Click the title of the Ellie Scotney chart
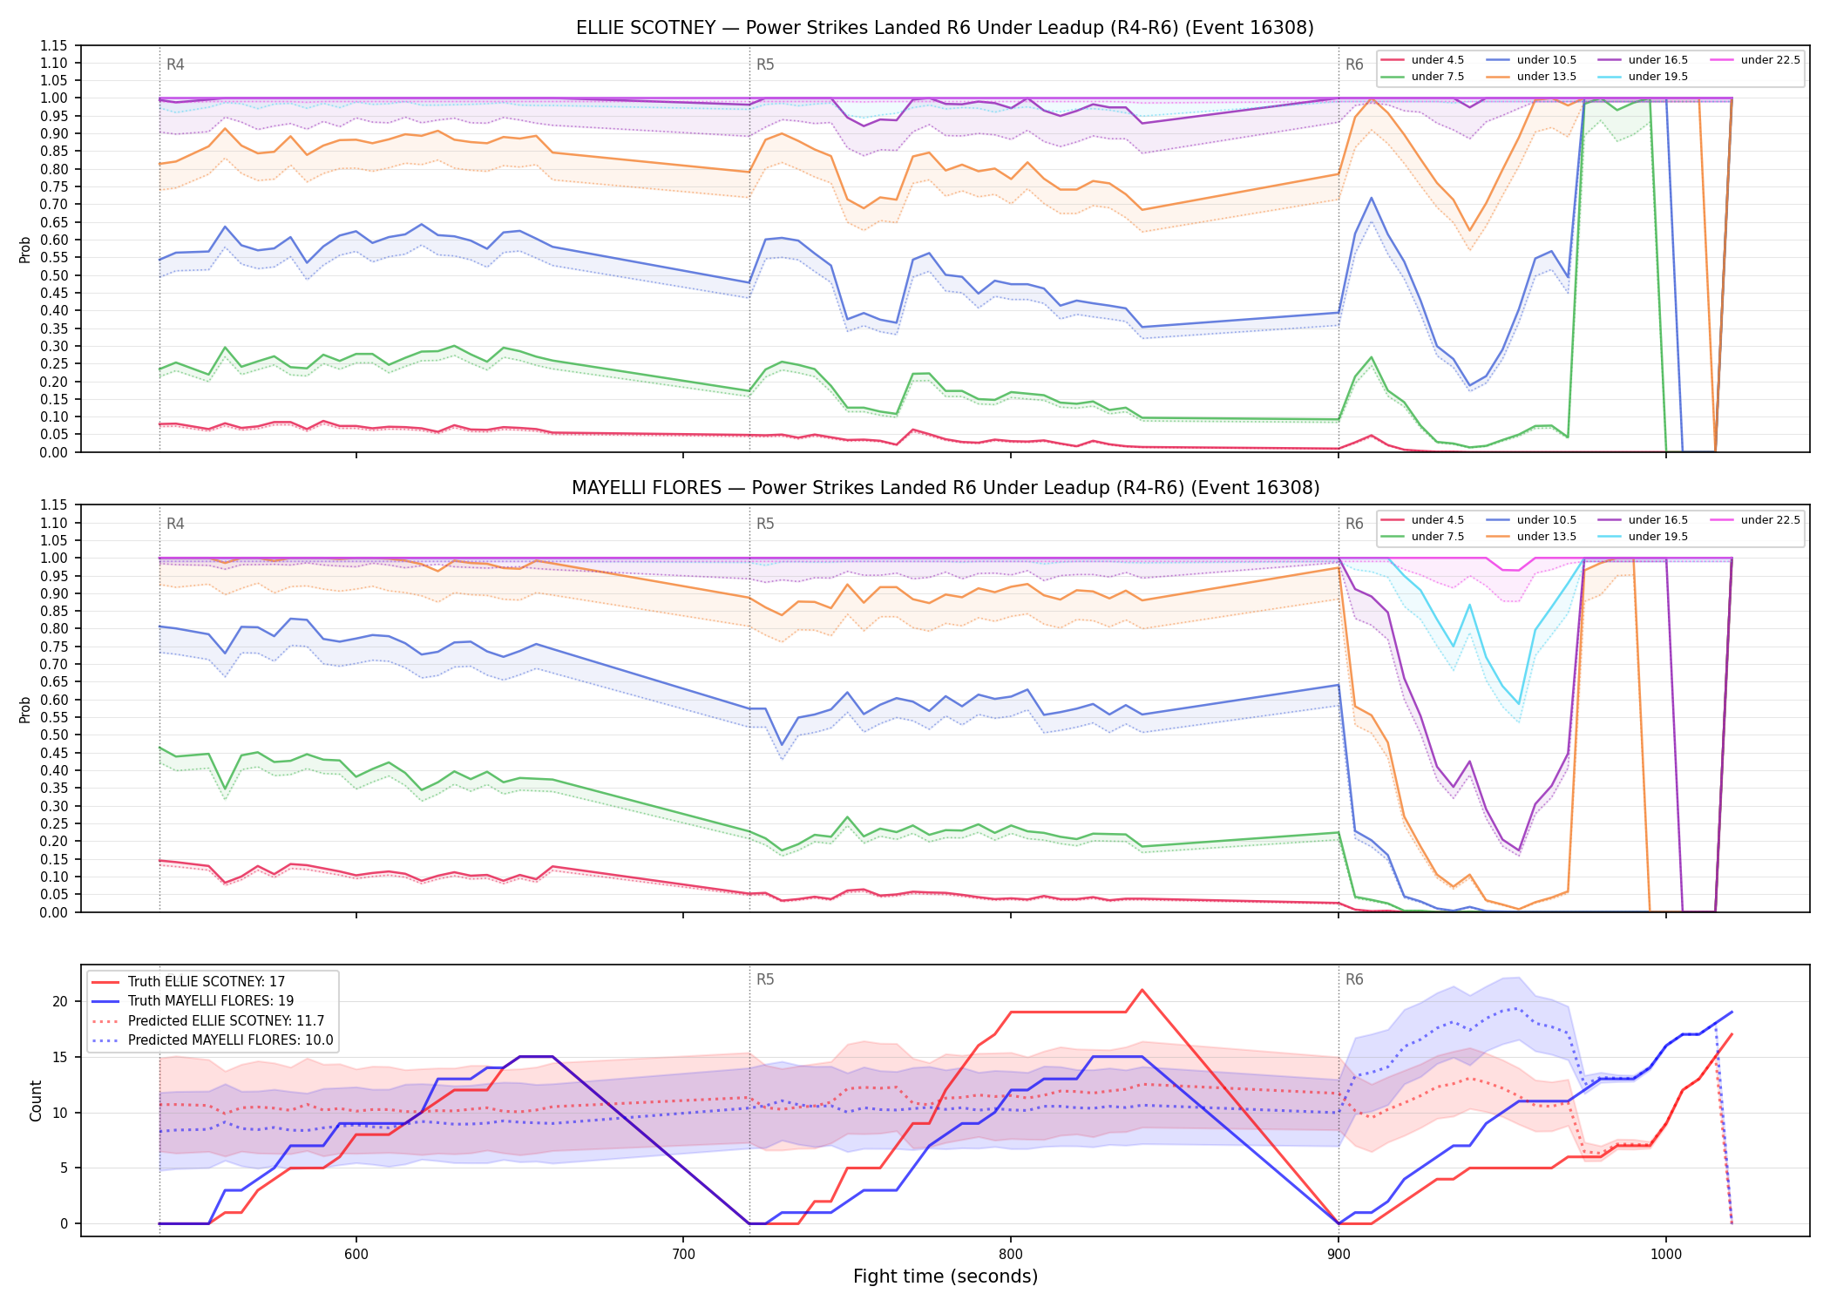[945, 28]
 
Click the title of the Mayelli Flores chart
[945, 488]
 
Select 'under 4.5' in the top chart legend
[1437, 60]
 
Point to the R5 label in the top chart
[765, 64]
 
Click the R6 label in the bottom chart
[1354, 979]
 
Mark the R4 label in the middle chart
[175, 524]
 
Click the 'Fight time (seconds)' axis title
[945, 1277]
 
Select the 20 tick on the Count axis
[60, 1001]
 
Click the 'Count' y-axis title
[36, 1100]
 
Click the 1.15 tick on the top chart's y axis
[54, 45]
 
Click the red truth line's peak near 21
[1142, 990]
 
